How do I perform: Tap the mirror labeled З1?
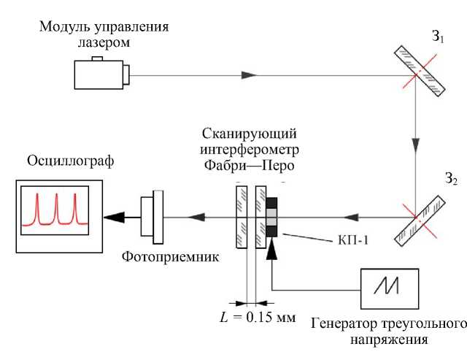(x=420, y=72)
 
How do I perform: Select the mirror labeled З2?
(x=420, y=221)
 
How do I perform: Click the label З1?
(x=438, y=37)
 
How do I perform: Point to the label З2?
(x=451, y=179)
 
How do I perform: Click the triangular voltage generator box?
(x=390, y=288)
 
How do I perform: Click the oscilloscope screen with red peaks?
(x=55, y=210)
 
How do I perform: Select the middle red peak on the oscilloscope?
(x=56, y=208)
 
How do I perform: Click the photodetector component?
(x=152, y=217)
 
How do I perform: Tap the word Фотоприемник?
(x=171, y=256)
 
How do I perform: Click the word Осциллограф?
(x=71, y=161)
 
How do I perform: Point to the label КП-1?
(x=353, y=240)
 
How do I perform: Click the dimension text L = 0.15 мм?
(x=258, y=317)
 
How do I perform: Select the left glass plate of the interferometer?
(x=242, y=217)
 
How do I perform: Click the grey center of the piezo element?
(x=271, y=218)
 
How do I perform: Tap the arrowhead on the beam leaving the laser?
(x=248, y=75)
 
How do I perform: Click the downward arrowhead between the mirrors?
(x=416, y=145)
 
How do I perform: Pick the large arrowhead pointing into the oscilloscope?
(x=114, y=218)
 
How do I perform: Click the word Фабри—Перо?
(x=250, y=166)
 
